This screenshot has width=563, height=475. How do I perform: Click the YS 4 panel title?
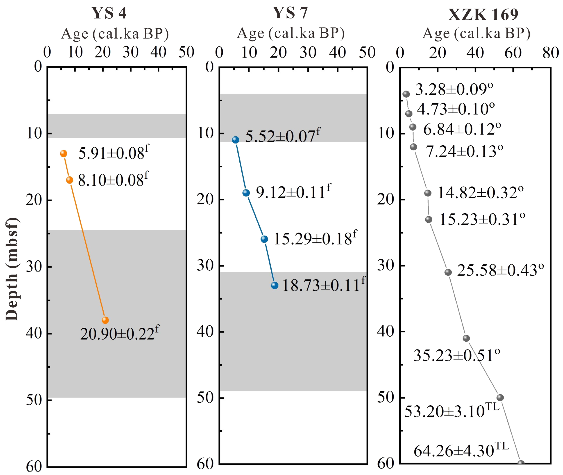tap(109, 13)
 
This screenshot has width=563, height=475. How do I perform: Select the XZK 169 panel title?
tap(483, 15)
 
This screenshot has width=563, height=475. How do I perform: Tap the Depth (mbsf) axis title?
tap(12, 269)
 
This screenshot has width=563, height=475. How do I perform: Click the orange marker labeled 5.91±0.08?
tap(64, 153)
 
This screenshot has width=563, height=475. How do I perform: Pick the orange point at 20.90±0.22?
tap(105, 320)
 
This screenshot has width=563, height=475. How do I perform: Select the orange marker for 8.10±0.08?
tap(70, 180)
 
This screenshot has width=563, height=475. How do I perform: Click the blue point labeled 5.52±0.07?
tap(236, 140)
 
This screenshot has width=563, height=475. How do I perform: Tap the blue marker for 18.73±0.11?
tap(275, 285)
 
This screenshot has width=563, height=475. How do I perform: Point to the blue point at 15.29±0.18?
tap(265, 239)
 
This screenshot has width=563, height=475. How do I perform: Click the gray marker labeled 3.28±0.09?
tap(406, 94)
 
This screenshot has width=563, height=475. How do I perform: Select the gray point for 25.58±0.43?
tap(448, 272)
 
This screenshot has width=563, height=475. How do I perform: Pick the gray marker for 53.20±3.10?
tap(500, 397)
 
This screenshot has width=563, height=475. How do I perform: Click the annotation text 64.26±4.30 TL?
tap(461, 450)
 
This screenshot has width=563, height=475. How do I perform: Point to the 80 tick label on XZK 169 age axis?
tap(551, 53)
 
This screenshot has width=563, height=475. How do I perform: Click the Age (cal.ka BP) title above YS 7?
tap(291, 34)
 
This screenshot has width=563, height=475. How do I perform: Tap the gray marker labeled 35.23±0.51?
tap(466, 338)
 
